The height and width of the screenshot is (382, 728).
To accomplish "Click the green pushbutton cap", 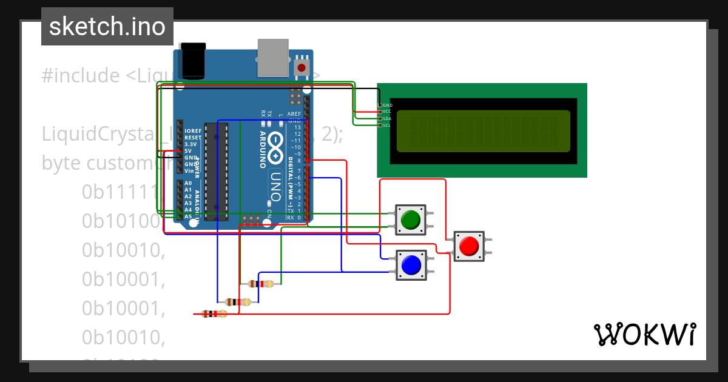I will tap(411, 219).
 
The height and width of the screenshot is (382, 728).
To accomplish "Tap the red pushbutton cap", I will tap(469, 246).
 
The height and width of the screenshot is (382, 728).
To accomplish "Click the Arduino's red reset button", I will tap(302, 67).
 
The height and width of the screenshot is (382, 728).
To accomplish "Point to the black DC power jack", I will tap(194, 61).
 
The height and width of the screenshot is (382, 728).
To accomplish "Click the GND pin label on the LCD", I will tap(387, 105).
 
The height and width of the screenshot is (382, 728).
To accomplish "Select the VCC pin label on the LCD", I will tap(387, 112).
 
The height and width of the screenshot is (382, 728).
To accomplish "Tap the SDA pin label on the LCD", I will tap(387, 118).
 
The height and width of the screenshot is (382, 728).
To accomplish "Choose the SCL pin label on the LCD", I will tap(387, 125).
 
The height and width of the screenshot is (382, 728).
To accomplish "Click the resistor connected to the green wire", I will tap(261, 283).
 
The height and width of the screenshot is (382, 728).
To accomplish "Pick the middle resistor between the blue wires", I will tap(237, 302).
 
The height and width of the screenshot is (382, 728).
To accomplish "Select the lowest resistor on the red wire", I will tap(214, 313).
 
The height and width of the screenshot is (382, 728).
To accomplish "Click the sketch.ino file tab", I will tap(107, 27).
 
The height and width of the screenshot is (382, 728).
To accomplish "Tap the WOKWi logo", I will tap(644, 334).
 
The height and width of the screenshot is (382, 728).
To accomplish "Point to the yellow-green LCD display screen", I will tap(483, 131).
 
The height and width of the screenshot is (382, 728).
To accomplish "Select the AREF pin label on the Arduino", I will tap(294, 114).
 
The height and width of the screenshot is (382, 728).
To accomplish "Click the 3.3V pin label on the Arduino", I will tap(191, 144).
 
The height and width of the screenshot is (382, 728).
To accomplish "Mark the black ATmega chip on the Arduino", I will tap(216, 170).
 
